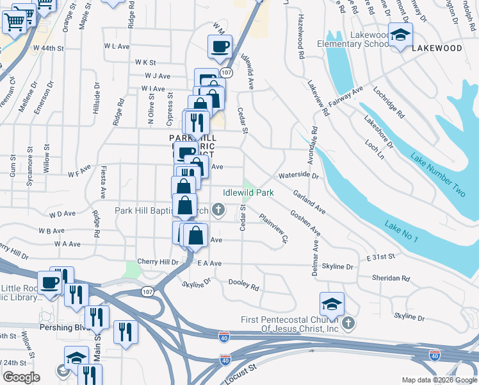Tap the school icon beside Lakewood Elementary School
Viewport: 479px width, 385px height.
400,35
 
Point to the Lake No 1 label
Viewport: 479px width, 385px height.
402,232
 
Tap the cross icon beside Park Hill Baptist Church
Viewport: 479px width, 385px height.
218,209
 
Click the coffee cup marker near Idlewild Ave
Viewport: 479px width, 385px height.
220,47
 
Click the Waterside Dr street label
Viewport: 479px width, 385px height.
298,175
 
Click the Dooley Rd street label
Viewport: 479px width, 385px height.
245,287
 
